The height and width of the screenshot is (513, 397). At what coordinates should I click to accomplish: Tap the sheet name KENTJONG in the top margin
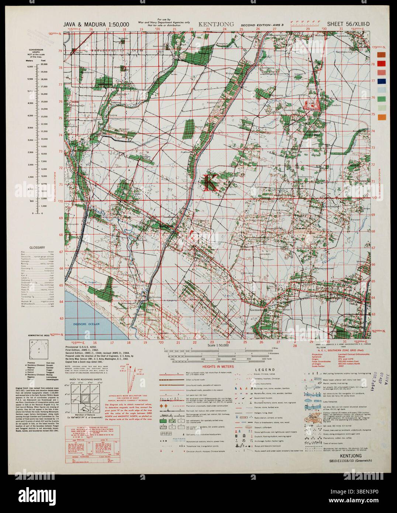coord(216,25)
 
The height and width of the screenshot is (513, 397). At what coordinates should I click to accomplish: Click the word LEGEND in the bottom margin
coord(266,369)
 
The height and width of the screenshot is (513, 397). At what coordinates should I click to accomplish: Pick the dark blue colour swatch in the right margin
coord(380,81)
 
